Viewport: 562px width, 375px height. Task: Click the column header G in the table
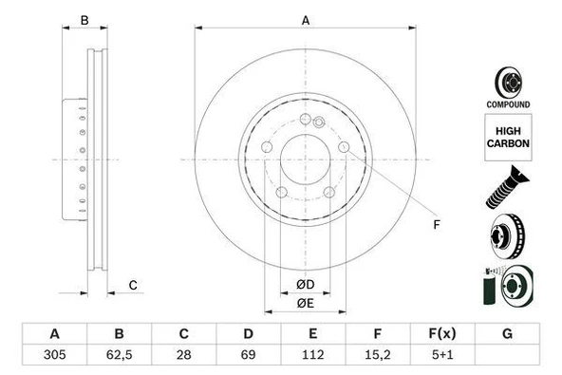tap(507, 334)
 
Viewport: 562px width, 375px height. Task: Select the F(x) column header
tap(442, 334)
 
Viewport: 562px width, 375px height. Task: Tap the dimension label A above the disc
tap(306, 20)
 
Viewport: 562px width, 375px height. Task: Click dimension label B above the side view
tap(84, 20)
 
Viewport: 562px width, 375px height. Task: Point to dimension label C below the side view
tap(133, 285)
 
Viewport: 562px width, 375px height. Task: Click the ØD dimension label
tap(305, 284)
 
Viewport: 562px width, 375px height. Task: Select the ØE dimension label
tap(305, 303)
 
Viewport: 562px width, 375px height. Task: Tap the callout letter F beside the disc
tap(437, 225)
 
